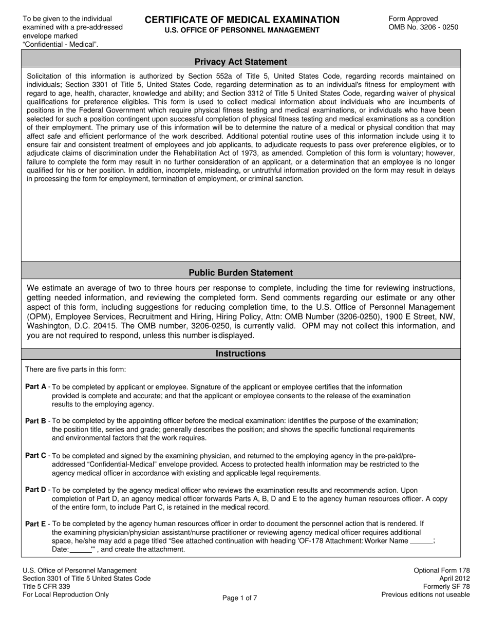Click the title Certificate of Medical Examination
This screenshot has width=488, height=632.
click(242, 20)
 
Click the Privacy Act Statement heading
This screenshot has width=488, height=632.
click(240, 62)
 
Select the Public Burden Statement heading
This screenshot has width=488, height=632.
click(240, 273)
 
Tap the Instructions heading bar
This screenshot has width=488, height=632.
click(240, 354)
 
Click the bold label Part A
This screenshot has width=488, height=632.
click(35, 386)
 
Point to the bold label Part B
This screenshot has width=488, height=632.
click(35, 421)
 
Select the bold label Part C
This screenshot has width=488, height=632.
click(35, 455)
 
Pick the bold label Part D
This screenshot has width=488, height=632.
click(35, 490)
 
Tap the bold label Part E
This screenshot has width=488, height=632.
click(35, 524)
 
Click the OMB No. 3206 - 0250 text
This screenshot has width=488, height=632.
click(423, 27)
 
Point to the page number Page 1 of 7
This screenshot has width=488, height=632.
click(240, 598)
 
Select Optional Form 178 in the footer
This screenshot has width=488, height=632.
click(442, 570)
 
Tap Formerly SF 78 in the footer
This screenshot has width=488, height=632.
click(446, 587)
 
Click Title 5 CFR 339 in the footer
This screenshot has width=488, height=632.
click(46, 587)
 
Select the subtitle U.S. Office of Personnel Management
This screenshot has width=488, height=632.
click(242, 30)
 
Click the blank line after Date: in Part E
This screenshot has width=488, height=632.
click(80, 550)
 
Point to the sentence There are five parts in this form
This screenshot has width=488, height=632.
click(75, 369)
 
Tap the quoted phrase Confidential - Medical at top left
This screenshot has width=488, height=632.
click(60, 44)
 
